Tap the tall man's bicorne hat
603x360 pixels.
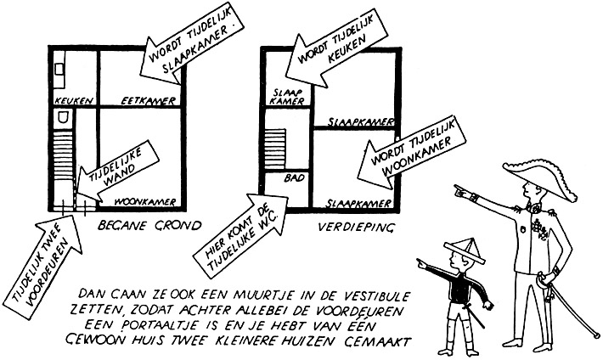coord(532,175)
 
